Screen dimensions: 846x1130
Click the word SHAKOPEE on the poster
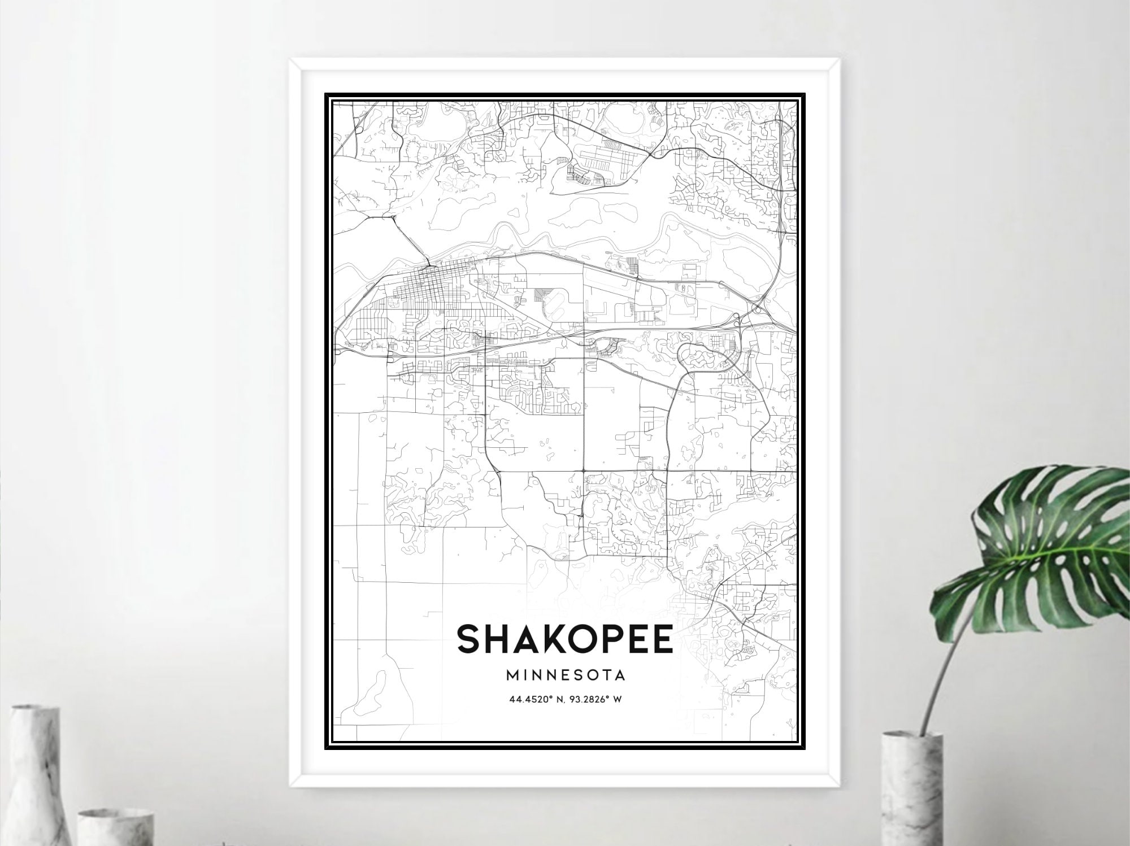(564, 638)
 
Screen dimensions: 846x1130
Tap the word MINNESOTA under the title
(566, 674)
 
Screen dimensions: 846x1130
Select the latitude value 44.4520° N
(536, 699)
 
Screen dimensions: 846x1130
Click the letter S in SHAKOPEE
(471, 639)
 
